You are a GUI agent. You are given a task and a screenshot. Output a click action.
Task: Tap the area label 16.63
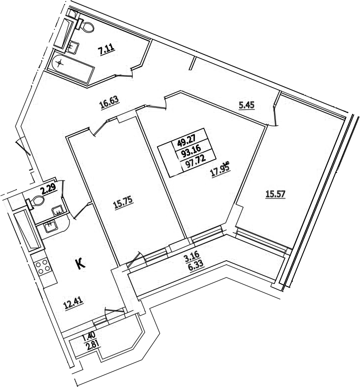click(109, 102)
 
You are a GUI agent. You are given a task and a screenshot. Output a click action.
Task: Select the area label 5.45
click(247, 105)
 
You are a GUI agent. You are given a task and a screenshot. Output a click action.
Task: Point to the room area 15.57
click(275, 194)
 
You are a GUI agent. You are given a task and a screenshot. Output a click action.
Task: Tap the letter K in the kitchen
click(81, 264)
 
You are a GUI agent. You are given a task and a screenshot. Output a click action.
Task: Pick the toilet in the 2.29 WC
click(35, 201)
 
